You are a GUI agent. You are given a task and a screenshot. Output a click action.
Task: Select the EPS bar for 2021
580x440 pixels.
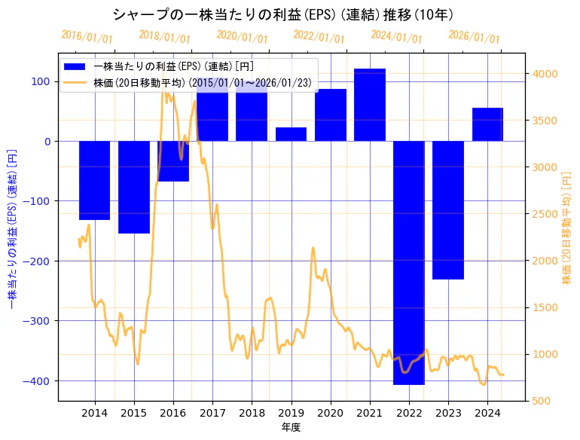[370, 105]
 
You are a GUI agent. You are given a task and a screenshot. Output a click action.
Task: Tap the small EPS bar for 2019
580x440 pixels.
[291, 134]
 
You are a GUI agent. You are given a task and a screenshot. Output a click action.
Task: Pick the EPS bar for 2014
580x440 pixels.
[94, 180]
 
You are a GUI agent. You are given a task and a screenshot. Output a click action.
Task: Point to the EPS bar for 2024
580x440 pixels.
[487, 124]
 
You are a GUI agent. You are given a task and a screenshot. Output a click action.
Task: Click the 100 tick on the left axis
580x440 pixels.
[41, 81]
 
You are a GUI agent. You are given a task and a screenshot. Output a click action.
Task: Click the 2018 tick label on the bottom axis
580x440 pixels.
[252, 413]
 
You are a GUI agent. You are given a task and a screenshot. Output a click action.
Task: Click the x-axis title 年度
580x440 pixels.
[291, 427]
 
